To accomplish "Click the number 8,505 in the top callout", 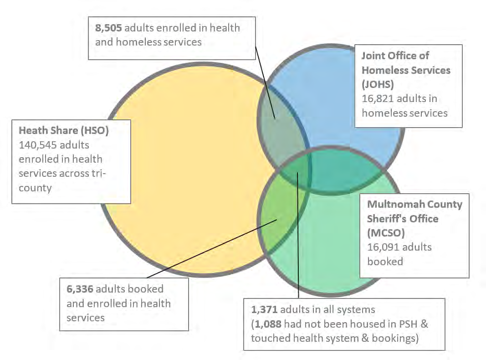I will pos(108,28).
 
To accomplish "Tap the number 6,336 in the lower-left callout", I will pos(79,289).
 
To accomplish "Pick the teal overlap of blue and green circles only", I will pos(346,175).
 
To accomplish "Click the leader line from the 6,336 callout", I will pos(210,249).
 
